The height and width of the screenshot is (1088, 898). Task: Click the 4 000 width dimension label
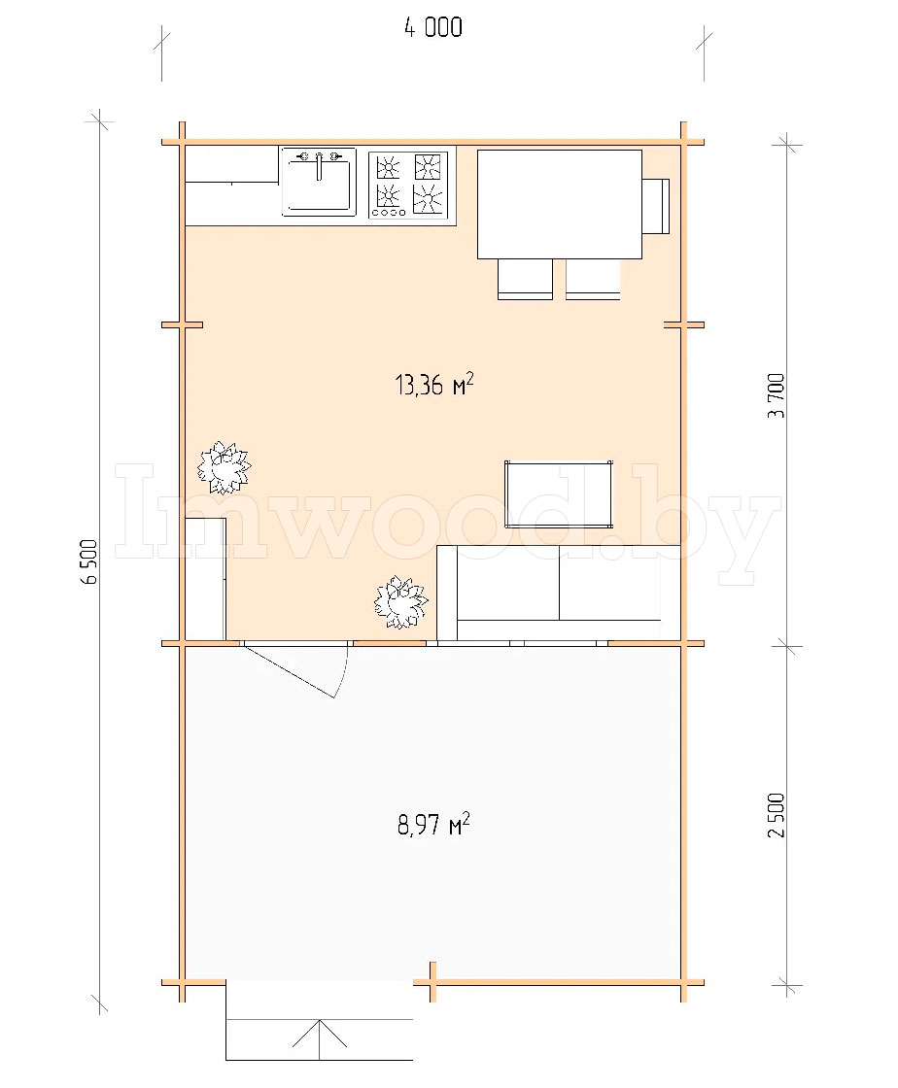(x=433, y=28)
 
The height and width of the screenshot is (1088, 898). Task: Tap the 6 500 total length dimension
(x=89, y=562)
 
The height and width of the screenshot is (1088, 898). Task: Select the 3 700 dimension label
(x=777, y=395)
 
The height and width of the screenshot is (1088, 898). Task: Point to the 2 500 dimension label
(x=777, y=815)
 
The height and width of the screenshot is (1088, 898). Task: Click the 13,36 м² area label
(x=434, y=384)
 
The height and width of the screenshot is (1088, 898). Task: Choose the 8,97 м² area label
(x=433, y=825)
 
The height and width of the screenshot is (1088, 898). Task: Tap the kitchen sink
(x=319, y=182)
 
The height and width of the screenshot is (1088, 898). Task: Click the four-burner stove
(x=408, y=185)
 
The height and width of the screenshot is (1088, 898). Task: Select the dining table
(x=560, y=204)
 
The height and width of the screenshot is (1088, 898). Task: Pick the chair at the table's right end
(x=656, y=206)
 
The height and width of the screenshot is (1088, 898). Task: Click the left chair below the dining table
(x=526, y=279)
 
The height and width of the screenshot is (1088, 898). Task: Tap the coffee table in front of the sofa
(x=559, y=494)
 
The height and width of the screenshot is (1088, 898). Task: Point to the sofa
(x=558, y=593)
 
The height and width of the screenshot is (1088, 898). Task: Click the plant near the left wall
(x=224, y=466)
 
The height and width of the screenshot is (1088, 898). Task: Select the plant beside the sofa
(x=400, y=601)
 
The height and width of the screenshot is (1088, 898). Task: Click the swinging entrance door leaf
(x=290, y=671)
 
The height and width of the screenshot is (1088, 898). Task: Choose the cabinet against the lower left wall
(x=205, y=579)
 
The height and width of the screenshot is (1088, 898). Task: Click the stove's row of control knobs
(x=388, y=213)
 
